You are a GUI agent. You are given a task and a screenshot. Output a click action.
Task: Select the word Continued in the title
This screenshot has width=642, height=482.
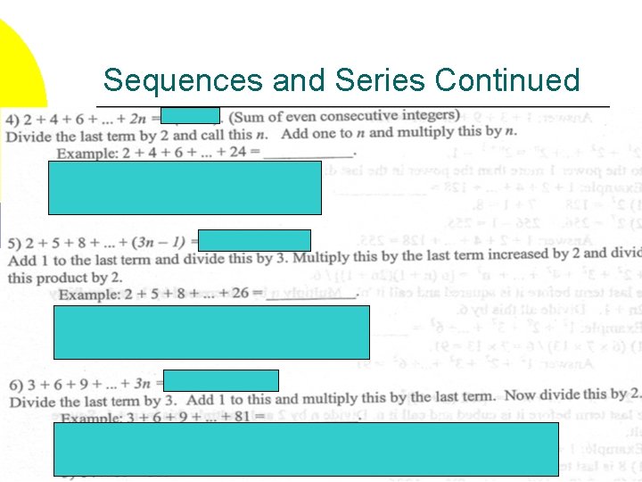pyautogui.click(x=507, y=81)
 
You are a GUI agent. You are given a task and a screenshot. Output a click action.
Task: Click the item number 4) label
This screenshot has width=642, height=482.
pyautogui.click(x=13, y=119)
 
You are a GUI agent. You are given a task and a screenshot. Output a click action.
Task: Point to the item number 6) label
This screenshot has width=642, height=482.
pyautogui.click(x=15, y=385)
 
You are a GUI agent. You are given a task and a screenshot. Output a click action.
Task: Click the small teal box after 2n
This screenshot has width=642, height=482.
pyautogui.click(x=190, y=115)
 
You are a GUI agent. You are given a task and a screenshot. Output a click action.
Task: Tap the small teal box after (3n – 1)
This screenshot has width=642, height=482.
pyautogui.click(x=254, y=240)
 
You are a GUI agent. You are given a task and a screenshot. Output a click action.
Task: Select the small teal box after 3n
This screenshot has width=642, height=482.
pyautogui.click(x=221, y=381)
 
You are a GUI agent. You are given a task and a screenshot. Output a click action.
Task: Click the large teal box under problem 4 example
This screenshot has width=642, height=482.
pyautogui.click(x=185, y=187)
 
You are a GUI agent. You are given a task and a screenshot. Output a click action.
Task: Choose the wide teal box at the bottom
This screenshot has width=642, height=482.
pyautogui.click(x=306, y=448)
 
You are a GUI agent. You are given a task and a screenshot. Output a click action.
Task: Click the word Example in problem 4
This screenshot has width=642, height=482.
pyautogui.click(x=85, y=154)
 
